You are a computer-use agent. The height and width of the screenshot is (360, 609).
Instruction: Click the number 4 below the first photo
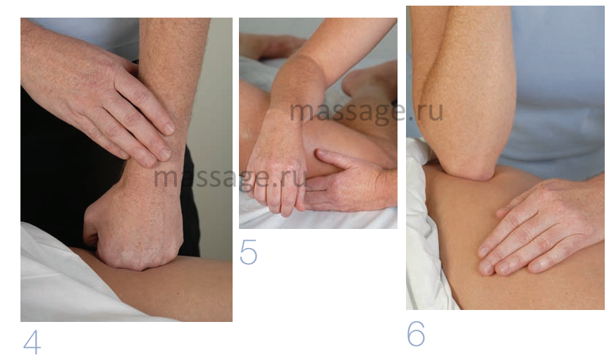[32, 342]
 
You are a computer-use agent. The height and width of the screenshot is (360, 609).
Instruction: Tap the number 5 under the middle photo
[249, 252]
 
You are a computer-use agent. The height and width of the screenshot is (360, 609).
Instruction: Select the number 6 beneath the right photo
[416, 334]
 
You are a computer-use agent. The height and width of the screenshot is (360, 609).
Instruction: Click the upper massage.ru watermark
[367, 111]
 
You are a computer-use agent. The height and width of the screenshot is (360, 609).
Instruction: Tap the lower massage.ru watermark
[230, 178]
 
